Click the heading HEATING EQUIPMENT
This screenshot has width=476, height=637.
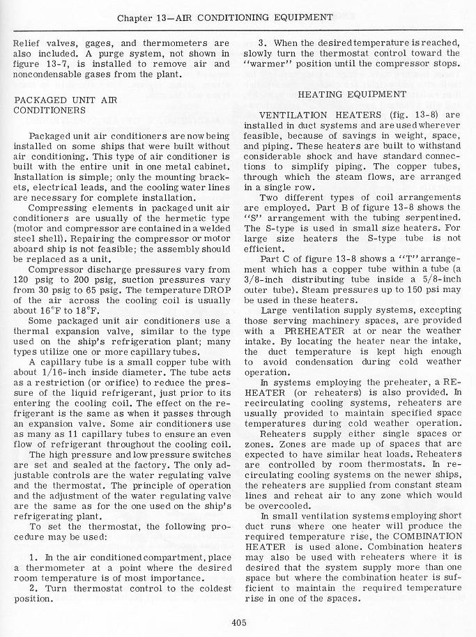pyautogui.click(x=352, y=94)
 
